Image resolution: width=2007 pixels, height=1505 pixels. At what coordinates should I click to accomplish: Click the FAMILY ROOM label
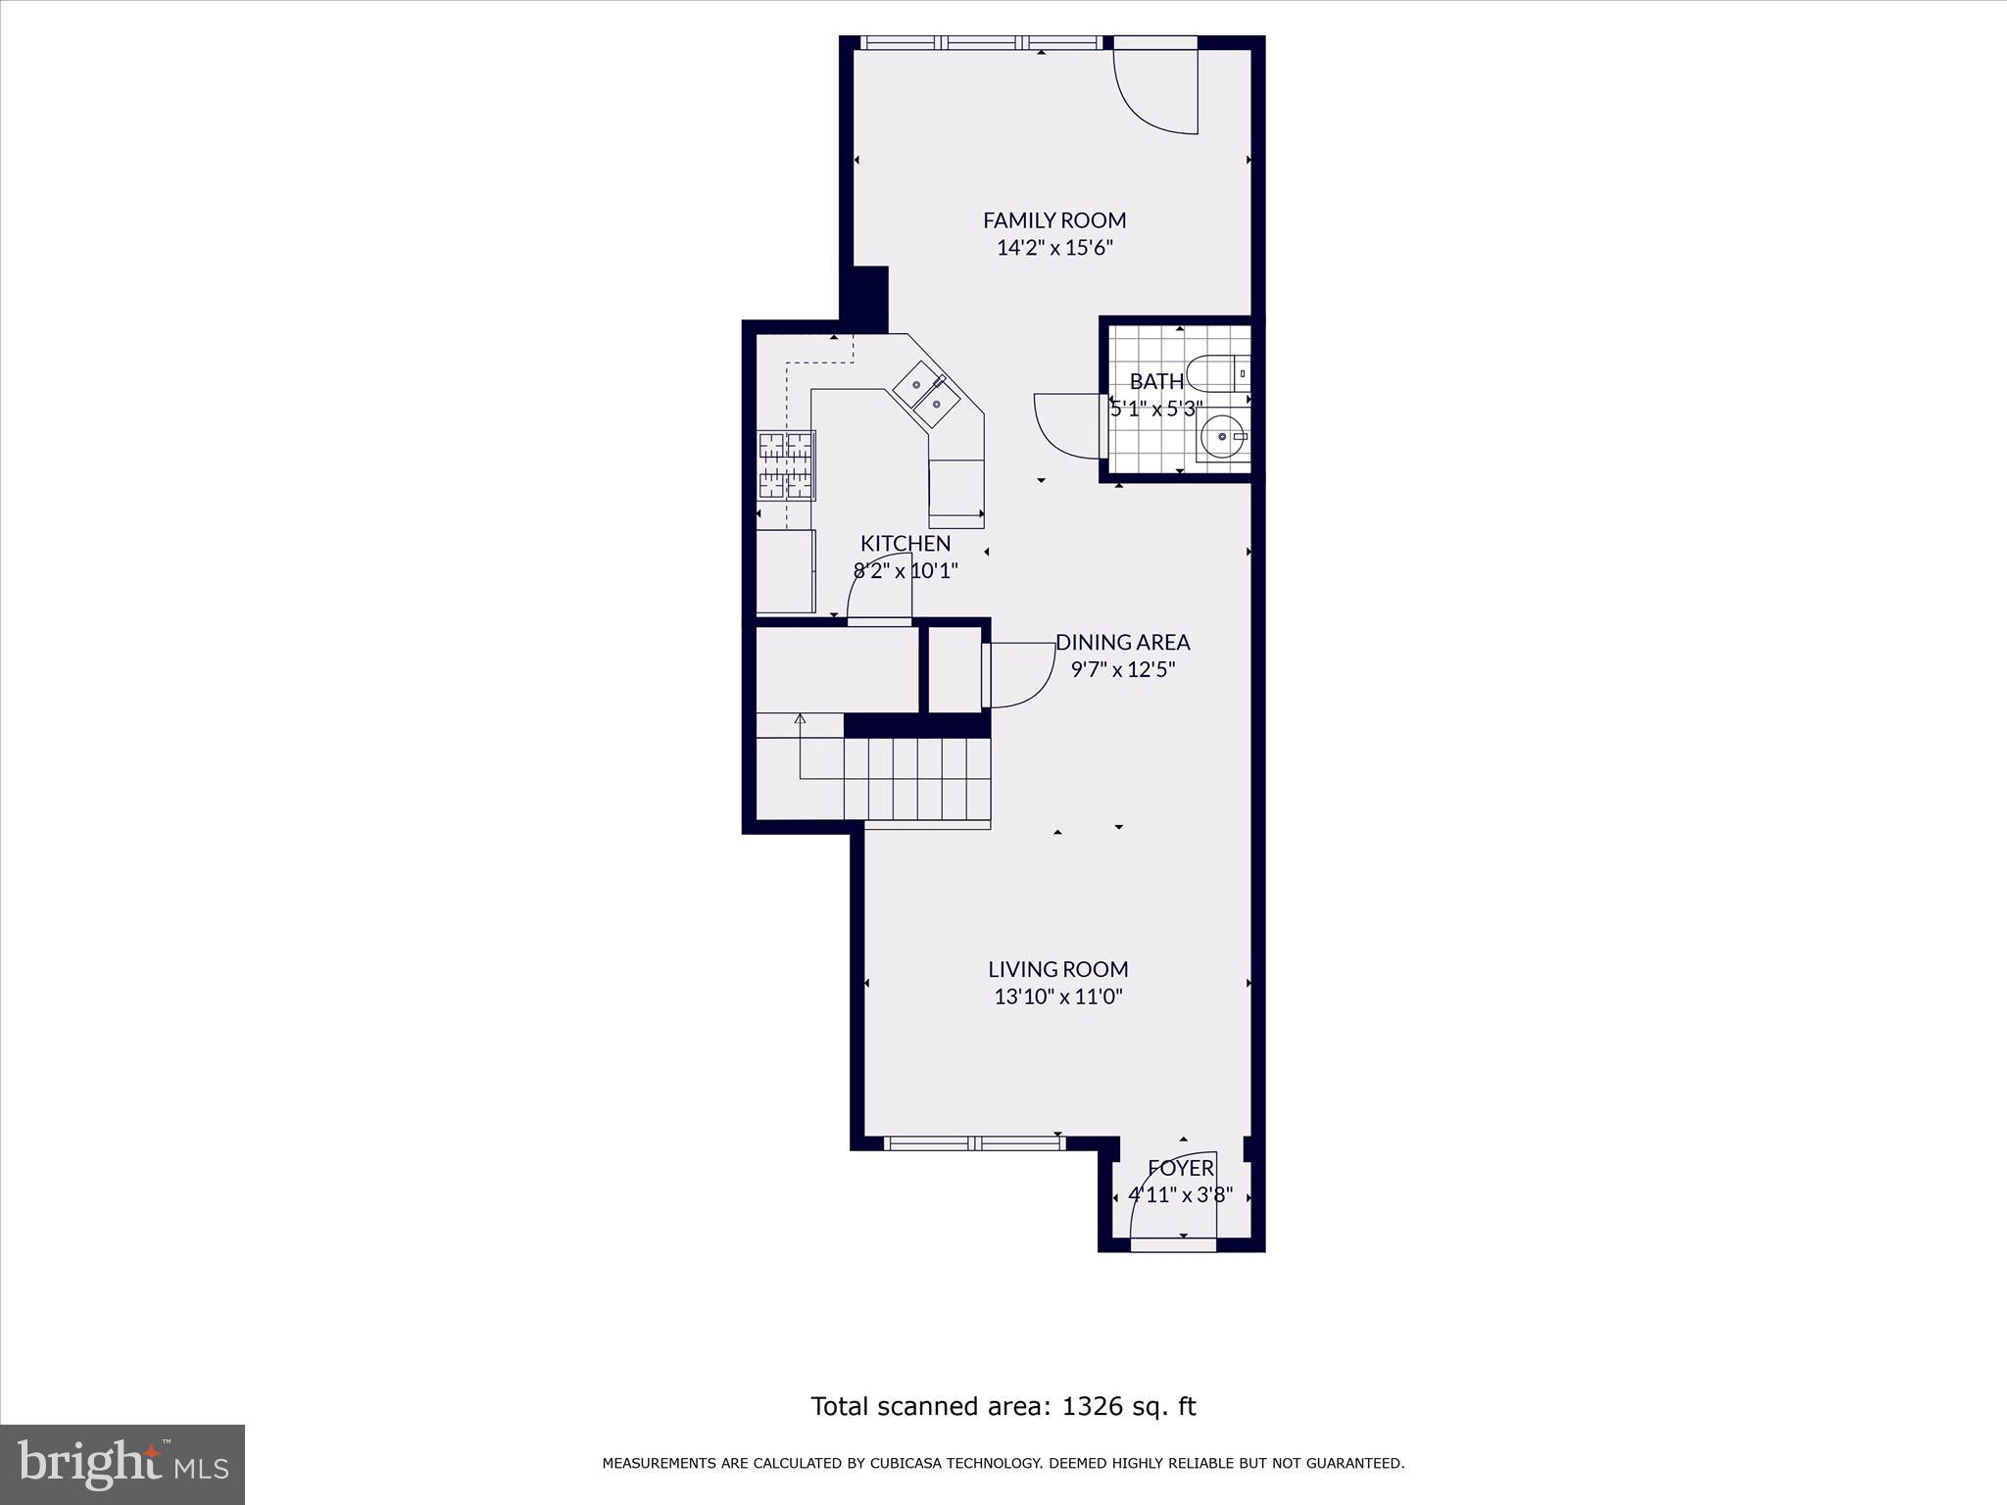1054,220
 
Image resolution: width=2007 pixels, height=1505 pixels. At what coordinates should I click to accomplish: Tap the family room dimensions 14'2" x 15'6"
1054,248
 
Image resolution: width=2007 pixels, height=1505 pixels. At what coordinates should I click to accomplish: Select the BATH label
1155,382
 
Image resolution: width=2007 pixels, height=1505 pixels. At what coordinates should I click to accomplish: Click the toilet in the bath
1219,373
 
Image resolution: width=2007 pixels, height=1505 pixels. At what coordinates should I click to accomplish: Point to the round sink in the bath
1222,437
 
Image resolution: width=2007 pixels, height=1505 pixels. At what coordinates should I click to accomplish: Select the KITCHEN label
906,544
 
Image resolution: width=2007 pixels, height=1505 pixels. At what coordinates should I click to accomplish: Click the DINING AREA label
1122,643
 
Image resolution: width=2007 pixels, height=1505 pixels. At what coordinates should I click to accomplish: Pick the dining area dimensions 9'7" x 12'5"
1122,670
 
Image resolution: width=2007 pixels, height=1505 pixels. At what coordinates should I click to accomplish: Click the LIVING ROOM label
1057,970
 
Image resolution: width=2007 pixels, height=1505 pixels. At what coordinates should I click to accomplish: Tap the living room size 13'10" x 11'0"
1057,997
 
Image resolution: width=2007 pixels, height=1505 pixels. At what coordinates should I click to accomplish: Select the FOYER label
1181,1168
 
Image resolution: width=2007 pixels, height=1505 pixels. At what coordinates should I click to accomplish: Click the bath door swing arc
1066,426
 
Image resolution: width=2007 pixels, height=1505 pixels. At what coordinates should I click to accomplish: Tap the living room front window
974,1142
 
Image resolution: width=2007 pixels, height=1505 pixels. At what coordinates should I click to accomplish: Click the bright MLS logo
122,1464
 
